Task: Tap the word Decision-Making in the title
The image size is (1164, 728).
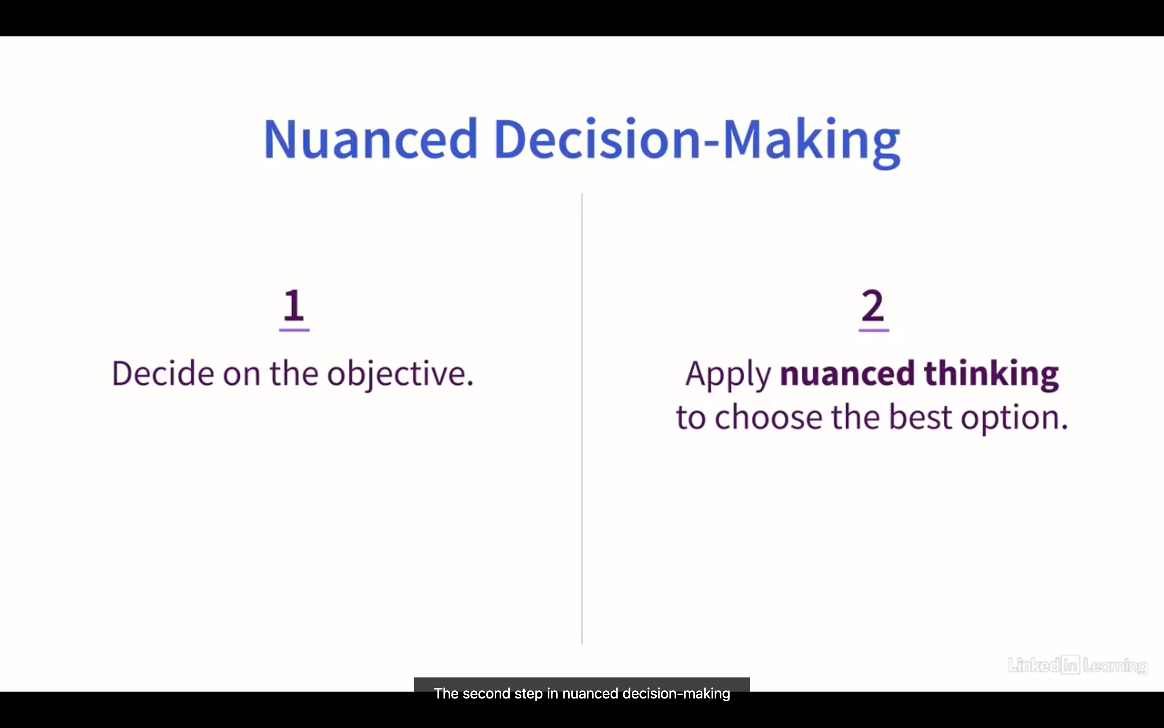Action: coord(697,142)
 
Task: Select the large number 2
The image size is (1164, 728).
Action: coord(873,305)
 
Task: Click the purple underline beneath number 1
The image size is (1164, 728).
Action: coord(294,330)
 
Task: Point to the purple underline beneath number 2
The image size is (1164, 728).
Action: coord(873,330)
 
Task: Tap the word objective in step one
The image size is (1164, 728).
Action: coord(400,375)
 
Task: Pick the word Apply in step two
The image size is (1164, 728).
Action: coord(728,375)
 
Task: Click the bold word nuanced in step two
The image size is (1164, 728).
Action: coord(847,373)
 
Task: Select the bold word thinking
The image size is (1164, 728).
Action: coord(991,375)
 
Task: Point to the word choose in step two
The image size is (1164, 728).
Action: coord(769,417)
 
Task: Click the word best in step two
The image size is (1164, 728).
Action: coord(920,417)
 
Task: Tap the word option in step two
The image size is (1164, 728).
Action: coord(1014,419)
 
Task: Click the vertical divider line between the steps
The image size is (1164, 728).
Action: coord(582,419)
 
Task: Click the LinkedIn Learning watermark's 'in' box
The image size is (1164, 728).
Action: coord(1071,665)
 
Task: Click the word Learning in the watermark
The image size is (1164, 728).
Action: coord(1115,666)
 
